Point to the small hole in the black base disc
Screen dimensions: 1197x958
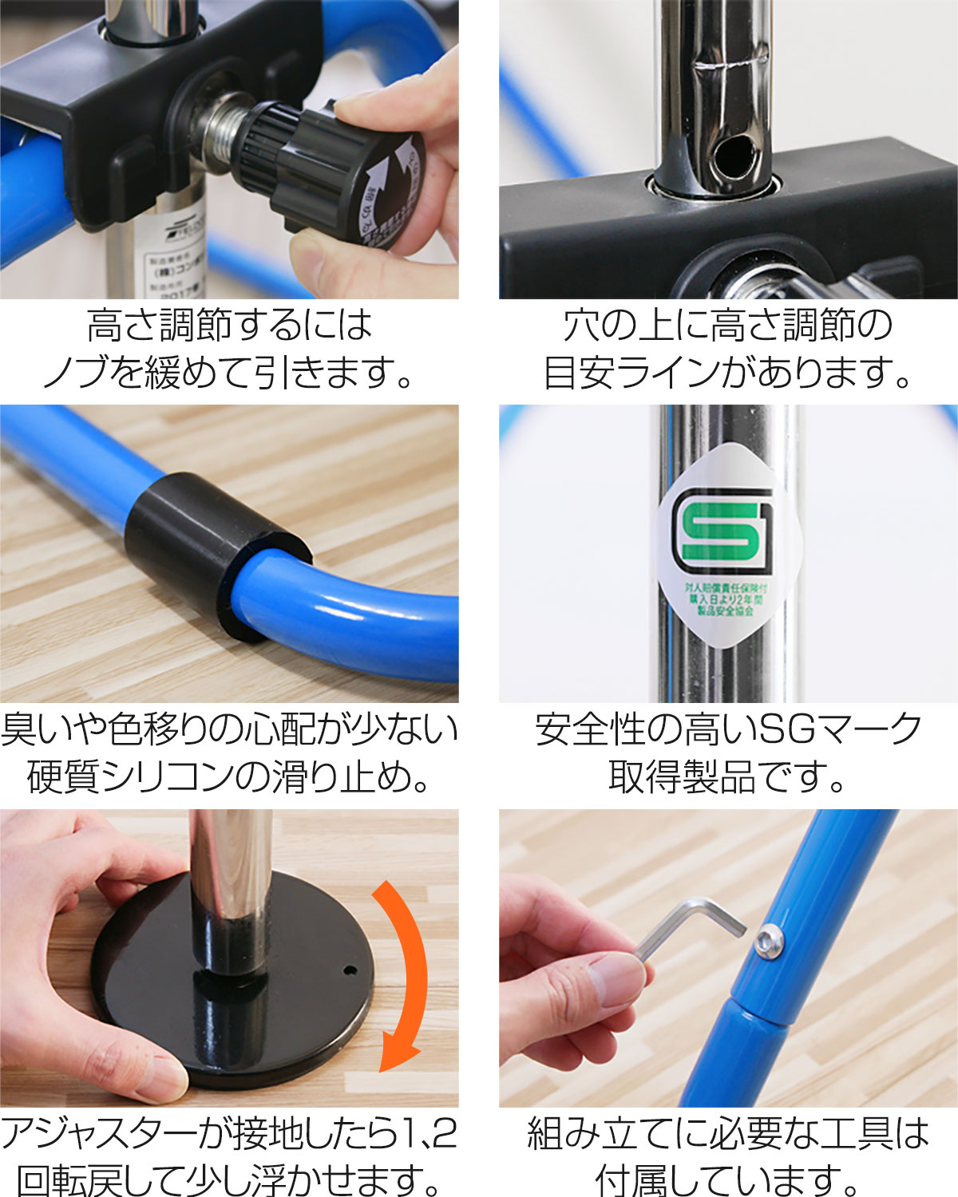point(349,971)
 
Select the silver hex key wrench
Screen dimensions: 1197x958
point(687,926)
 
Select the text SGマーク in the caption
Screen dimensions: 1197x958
point(838,729)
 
